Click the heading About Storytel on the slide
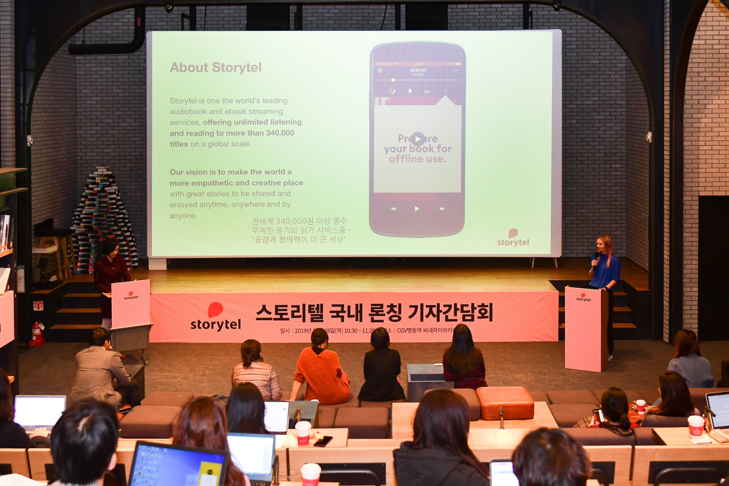tap(216, 67)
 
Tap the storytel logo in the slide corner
tap(513, 238)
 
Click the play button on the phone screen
tap(417, 139)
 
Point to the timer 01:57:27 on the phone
tap(418, 70)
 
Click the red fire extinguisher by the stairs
tap(37, 334)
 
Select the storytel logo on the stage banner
tap(216, 317)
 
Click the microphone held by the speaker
tap(595, 258)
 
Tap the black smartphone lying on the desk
tap(323, 441)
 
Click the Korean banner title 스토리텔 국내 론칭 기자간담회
tap(374, 312)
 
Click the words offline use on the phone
tap(417, 159)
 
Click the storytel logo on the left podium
tap(131, 296)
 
